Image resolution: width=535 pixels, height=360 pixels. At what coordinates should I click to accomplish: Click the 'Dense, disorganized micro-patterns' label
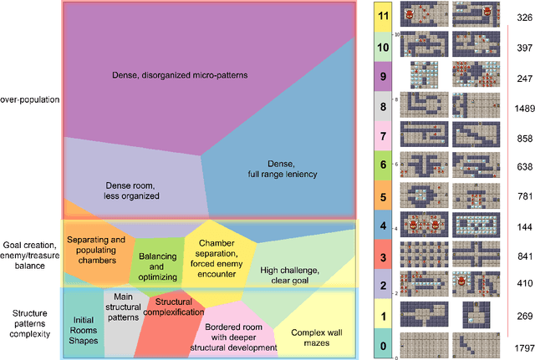(x=181, y=75)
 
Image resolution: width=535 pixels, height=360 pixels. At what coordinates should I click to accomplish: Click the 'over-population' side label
(x=30, y=99)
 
